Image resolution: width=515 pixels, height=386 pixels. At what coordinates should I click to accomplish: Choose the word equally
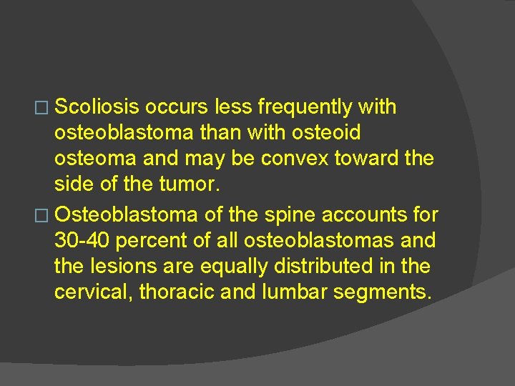click(x=230, y=266)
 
